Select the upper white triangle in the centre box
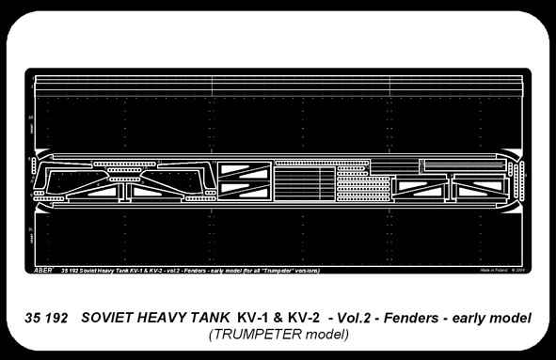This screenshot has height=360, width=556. (232, 171)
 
